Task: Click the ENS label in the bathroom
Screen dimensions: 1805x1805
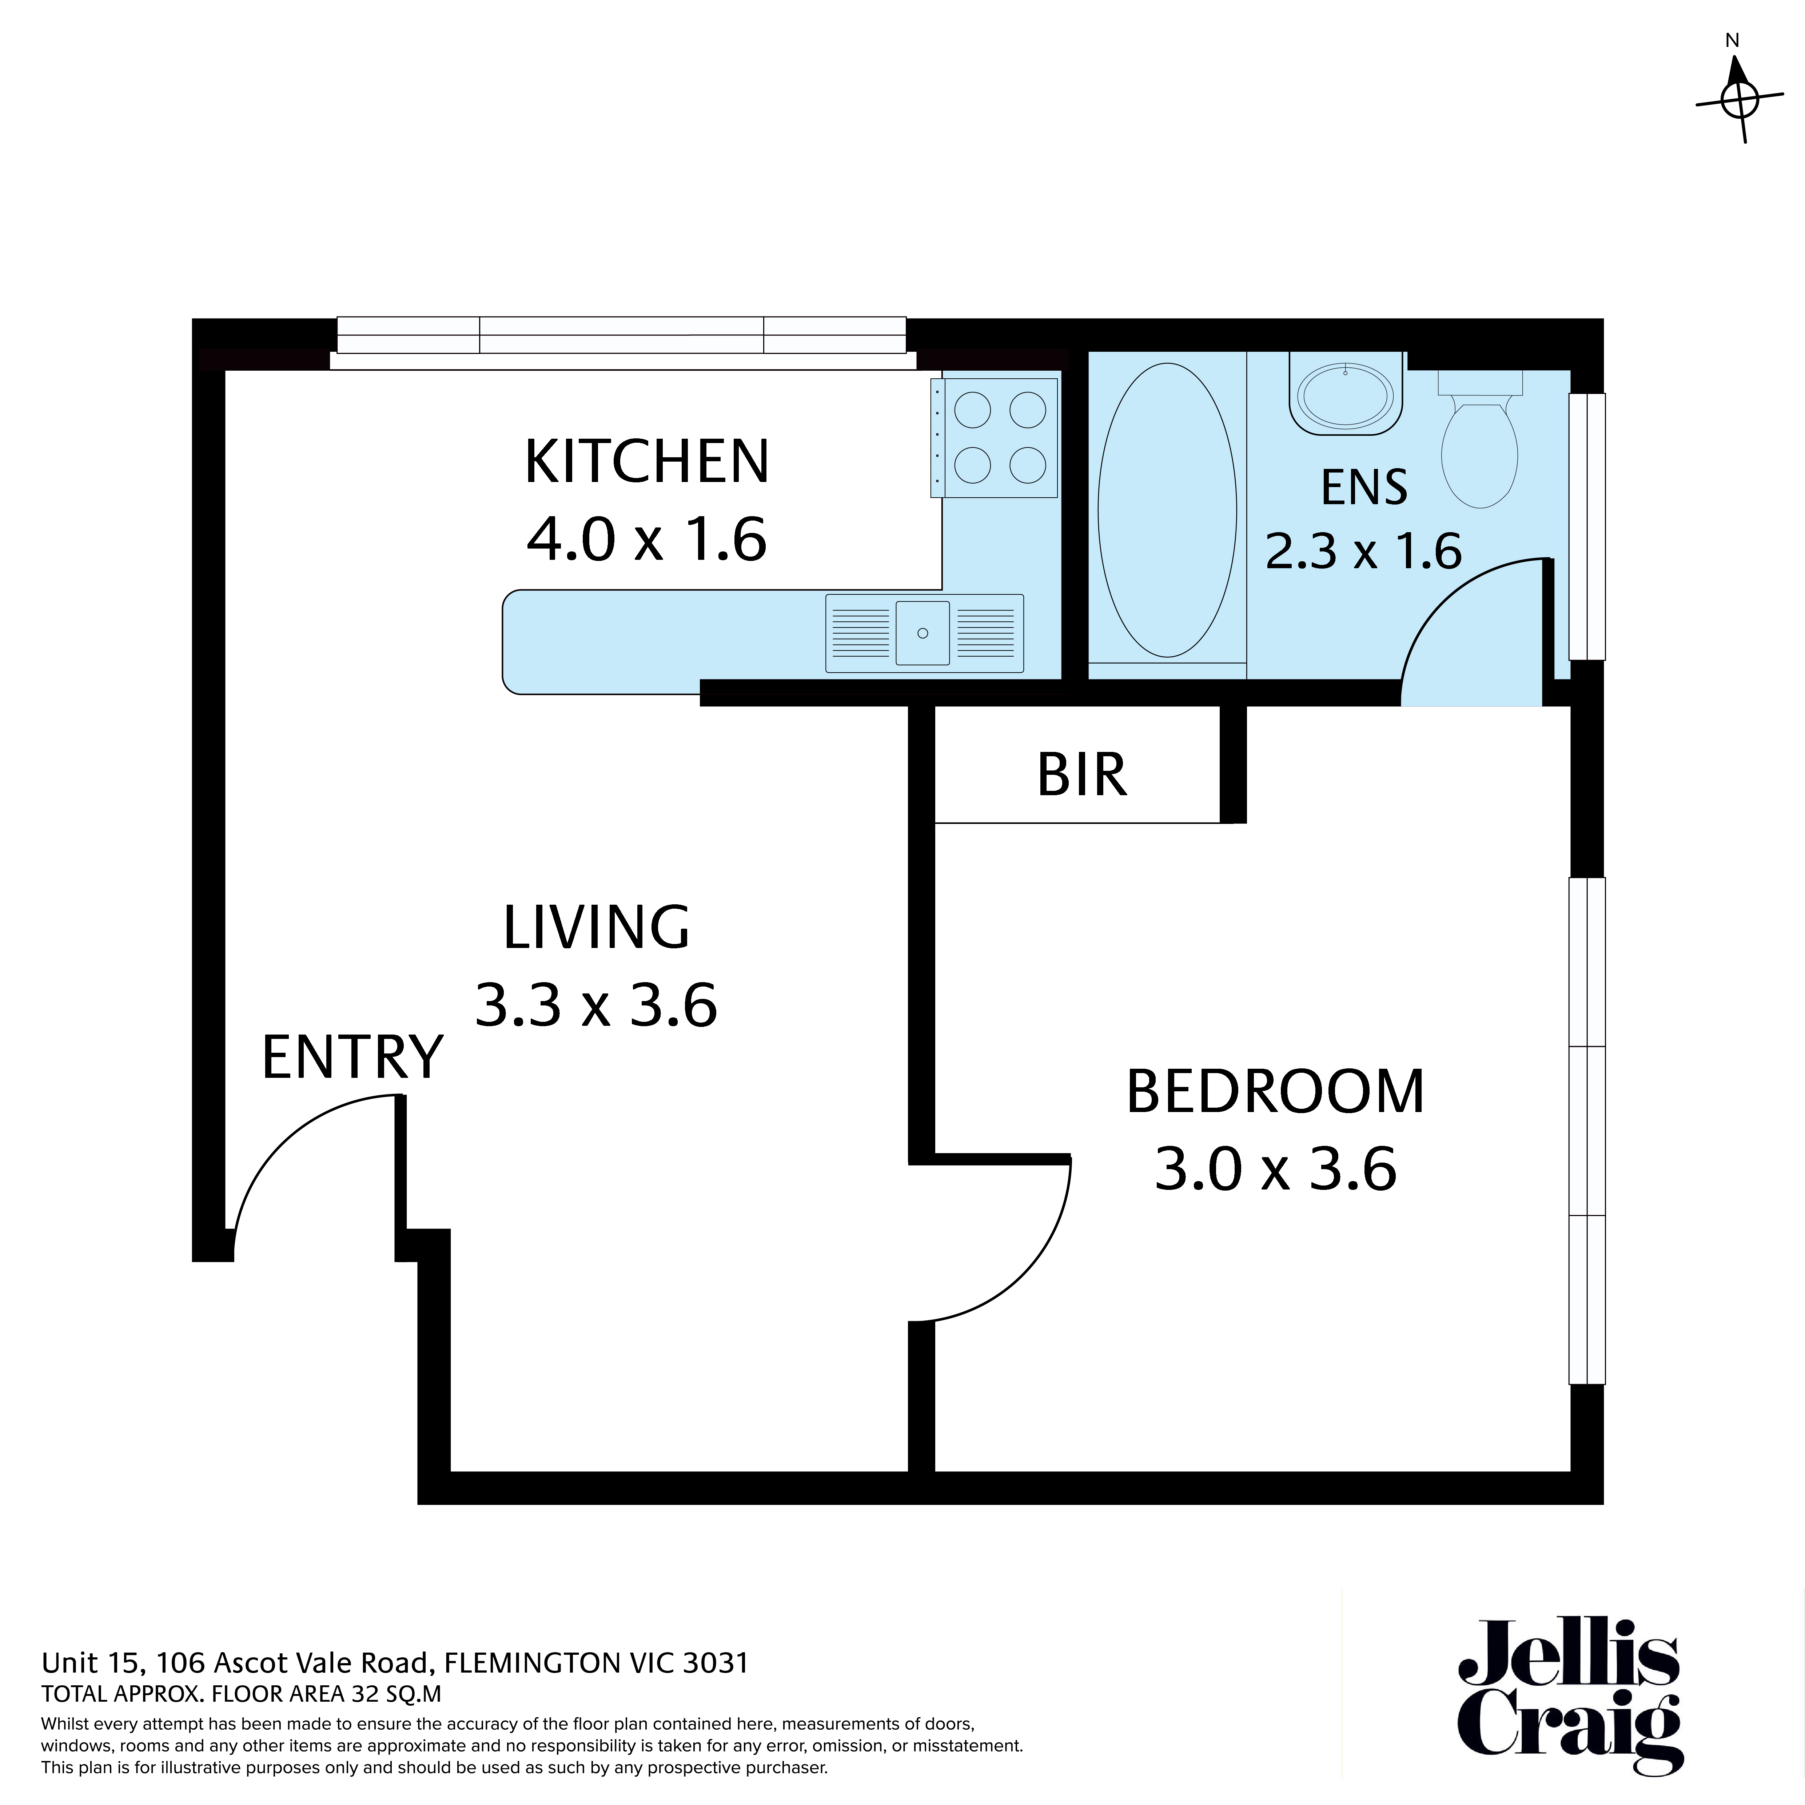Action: click(1364, 488)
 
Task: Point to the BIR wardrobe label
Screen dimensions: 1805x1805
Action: click(1082, 774)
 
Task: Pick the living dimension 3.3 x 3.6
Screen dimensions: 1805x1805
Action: click(596, 1005)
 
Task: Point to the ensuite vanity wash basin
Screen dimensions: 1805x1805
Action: click(1345, 397)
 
